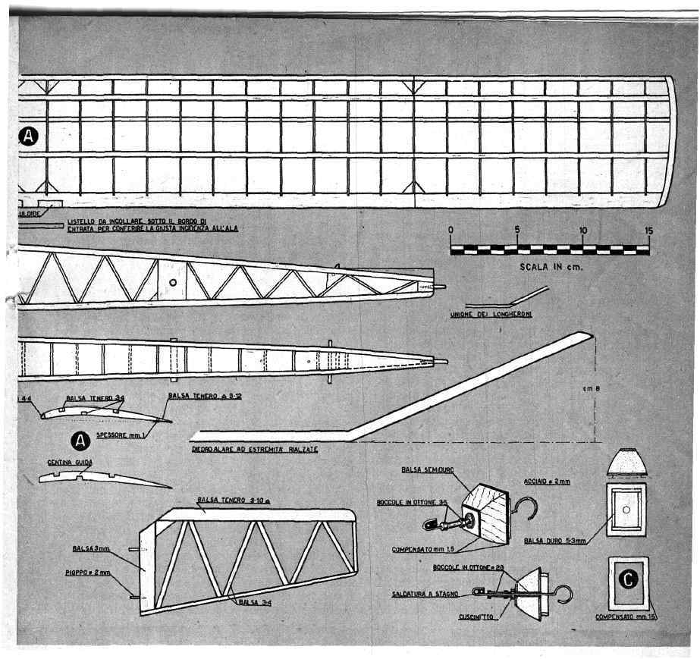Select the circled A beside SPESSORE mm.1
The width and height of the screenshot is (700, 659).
tap(78, 439)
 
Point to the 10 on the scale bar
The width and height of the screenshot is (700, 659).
tap(583, 231)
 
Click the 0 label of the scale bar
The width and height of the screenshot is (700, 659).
tap(450, 231)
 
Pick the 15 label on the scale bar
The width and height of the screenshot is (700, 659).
tap(648, 231)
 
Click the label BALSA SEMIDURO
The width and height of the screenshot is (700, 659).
tap(428, 470)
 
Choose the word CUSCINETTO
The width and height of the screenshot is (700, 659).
tap(476, 617)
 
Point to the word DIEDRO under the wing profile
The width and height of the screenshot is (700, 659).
tap(207, 449)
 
